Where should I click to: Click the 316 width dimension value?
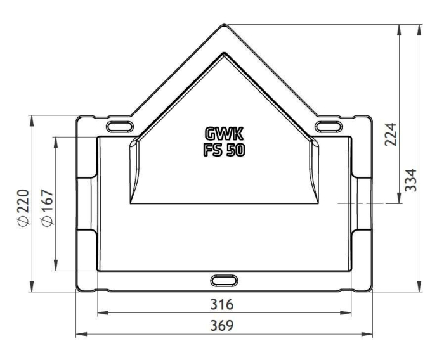coord(222,304)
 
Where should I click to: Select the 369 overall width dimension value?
coord(222,326)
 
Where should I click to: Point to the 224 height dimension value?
coord(391,134)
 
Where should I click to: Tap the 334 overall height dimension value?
coord(411,180)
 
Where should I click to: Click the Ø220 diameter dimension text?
coord(23,209)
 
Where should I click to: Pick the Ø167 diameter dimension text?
coord(47,208)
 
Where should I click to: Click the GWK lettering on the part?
coord(224,134)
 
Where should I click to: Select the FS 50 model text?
coord(224,150)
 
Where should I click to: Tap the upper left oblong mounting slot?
coord(120,126)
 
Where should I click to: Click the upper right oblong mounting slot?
coord(329,126)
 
